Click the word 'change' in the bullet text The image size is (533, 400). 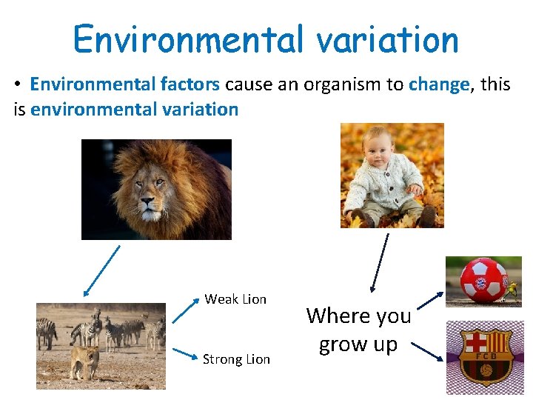[438, 84]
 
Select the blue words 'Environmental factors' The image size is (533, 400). [124, 84]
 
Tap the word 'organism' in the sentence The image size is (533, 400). [343, 84]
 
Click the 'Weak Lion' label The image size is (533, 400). [235, 299]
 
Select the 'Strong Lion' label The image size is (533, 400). [236, 359]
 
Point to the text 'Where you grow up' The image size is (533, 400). [359, 330]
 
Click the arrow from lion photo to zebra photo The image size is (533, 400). [101, 270]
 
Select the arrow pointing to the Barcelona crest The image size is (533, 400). [427, 351]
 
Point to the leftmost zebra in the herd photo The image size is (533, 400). [47, 333]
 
